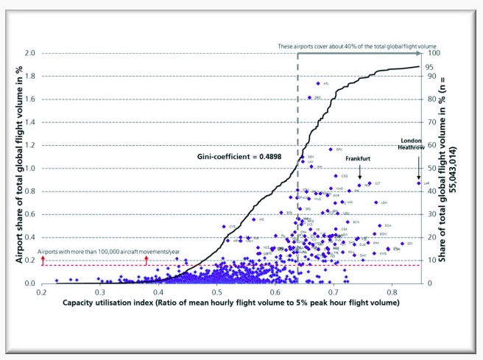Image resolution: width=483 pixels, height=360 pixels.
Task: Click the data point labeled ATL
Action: (x=318, y=83)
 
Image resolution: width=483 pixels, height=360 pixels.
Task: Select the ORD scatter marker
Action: (x=309, y=97)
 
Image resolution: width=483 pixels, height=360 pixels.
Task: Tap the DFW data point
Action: (x=331, y=149)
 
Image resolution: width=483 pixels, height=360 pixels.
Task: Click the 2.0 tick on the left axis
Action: (x=29, y=53)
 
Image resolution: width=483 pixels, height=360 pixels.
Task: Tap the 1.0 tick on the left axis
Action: (x=29, y=168)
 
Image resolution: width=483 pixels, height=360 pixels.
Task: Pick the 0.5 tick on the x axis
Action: (x=216, y=292)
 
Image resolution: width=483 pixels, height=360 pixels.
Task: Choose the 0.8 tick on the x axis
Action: (x=392, y=292)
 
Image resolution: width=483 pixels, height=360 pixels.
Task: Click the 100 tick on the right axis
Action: (x=435, y=53)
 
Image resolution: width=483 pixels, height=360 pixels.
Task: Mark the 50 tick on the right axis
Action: (x=433, y=168)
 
